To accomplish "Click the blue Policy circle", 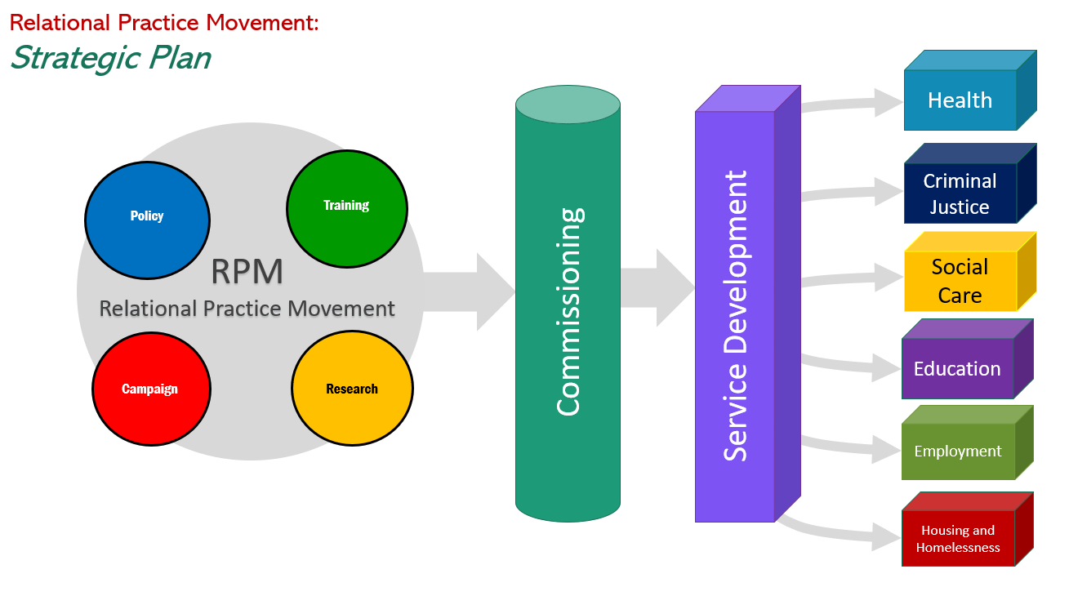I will point(147,216).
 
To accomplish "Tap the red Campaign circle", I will point(151,389).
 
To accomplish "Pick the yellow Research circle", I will point(352,389).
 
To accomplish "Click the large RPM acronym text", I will point(247,272).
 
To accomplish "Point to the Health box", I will point(960,100).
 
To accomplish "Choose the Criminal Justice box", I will point(960,194).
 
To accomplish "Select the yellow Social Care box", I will point(960,281).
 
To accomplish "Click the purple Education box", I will point(957,369).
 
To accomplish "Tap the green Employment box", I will point(958,451).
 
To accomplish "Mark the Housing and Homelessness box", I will point(958,539).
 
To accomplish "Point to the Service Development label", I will point(735,315).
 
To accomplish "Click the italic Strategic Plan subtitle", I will point(110,58).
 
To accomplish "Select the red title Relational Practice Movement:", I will point(164,22).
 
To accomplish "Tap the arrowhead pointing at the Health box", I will point(886,102).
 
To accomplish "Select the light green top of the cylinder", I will point(568,108).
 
